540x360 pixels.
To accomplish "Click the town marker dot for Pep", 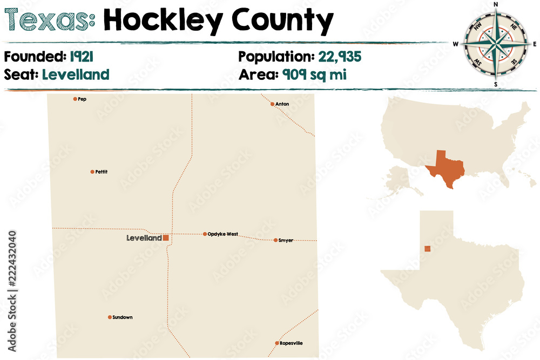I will (x=75, y=99).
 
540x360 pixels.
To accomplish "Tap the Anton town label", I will (x=282, y=104).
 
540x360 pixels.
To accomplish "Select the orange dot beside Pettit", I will (x=92, y=172).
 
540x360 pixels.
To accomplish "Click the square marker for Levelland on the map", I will (x=166, y=237).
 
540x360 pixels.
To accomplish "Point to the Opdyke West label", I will (x=222, y=234).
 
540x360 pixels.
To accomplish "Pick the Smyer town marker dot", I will (x=275, y=240).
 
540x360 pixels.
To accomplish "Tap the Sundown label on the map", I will (x=122, y=317).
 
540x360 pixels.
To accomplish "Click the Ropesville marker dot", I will (x=276, y=343).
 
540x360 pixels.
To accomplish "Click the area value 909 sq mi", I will (x=314, y=74).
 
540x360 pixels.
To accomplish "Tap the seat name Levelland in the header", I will (x=75, y=74).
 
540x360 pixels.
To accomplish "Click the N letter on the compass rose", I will (x=496, y=4).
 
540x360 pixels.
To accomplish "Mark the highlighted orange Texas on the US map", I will (x=446, y=168).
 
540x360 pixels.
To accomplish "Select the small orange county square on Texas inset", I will (x=428, y=249).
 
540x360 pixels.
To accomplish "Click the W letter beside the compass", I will (x=456, y=44).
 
